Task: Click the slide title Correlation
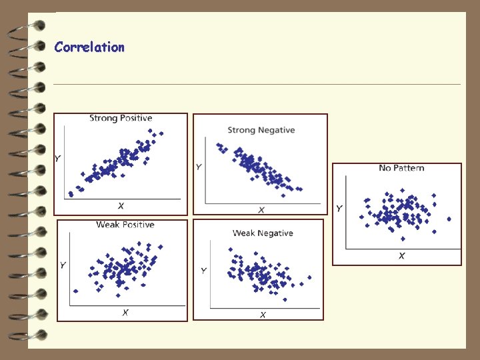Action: [89, 47]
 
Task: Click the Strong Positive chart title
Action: [121, 118]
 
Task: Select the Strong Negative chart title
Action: [261, 130]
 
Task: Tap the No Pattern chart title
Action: [401, 168]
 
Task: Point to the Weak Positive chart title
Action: [125, 225]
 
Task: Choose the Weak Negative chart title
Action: [263, 233]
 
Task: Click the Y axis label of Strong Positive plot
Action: [59, 159]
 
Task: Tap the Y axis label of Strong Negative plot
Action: [199, 167]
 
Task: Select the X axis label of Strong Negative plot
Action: [261, 210]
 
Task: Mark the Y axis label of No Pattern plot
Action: [339, 209]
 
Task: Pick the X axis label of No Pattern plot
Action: [402, 255]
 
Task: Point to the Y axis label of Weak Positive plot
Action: [63, 265]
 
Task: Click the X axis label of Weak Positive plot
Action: [125, 312]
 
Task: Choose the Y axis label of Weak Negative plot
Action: [203, 270]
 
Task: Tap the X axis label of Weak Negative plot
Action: [263, 315]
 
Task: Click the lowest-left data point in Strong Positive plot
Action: [71, 194]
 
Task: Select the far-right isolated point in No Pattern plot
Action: [449, 219]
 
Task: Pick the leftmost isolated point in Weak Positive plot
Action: [75, 291]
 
